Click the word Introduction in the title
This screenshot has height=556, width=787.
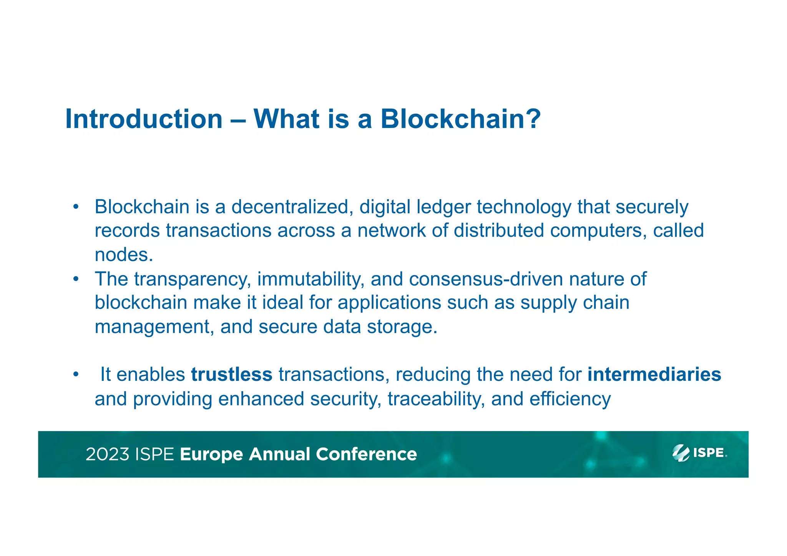coord(144,119)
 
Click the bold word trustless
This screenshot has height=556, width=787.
coord(232,375)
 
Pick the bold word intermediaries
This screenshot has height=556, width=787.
coord(654,375)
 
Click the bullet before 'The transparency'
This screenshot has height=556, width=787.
coord(76,279)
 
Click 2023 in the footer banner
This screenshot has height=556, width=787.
coord(107,454)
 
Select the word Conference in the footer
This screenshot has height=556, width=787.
coord(366,454)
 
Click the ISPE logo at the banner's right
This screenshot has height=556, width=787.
coord(699,453)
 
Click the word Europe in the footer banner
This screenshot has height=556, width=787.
coord(211,455)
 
